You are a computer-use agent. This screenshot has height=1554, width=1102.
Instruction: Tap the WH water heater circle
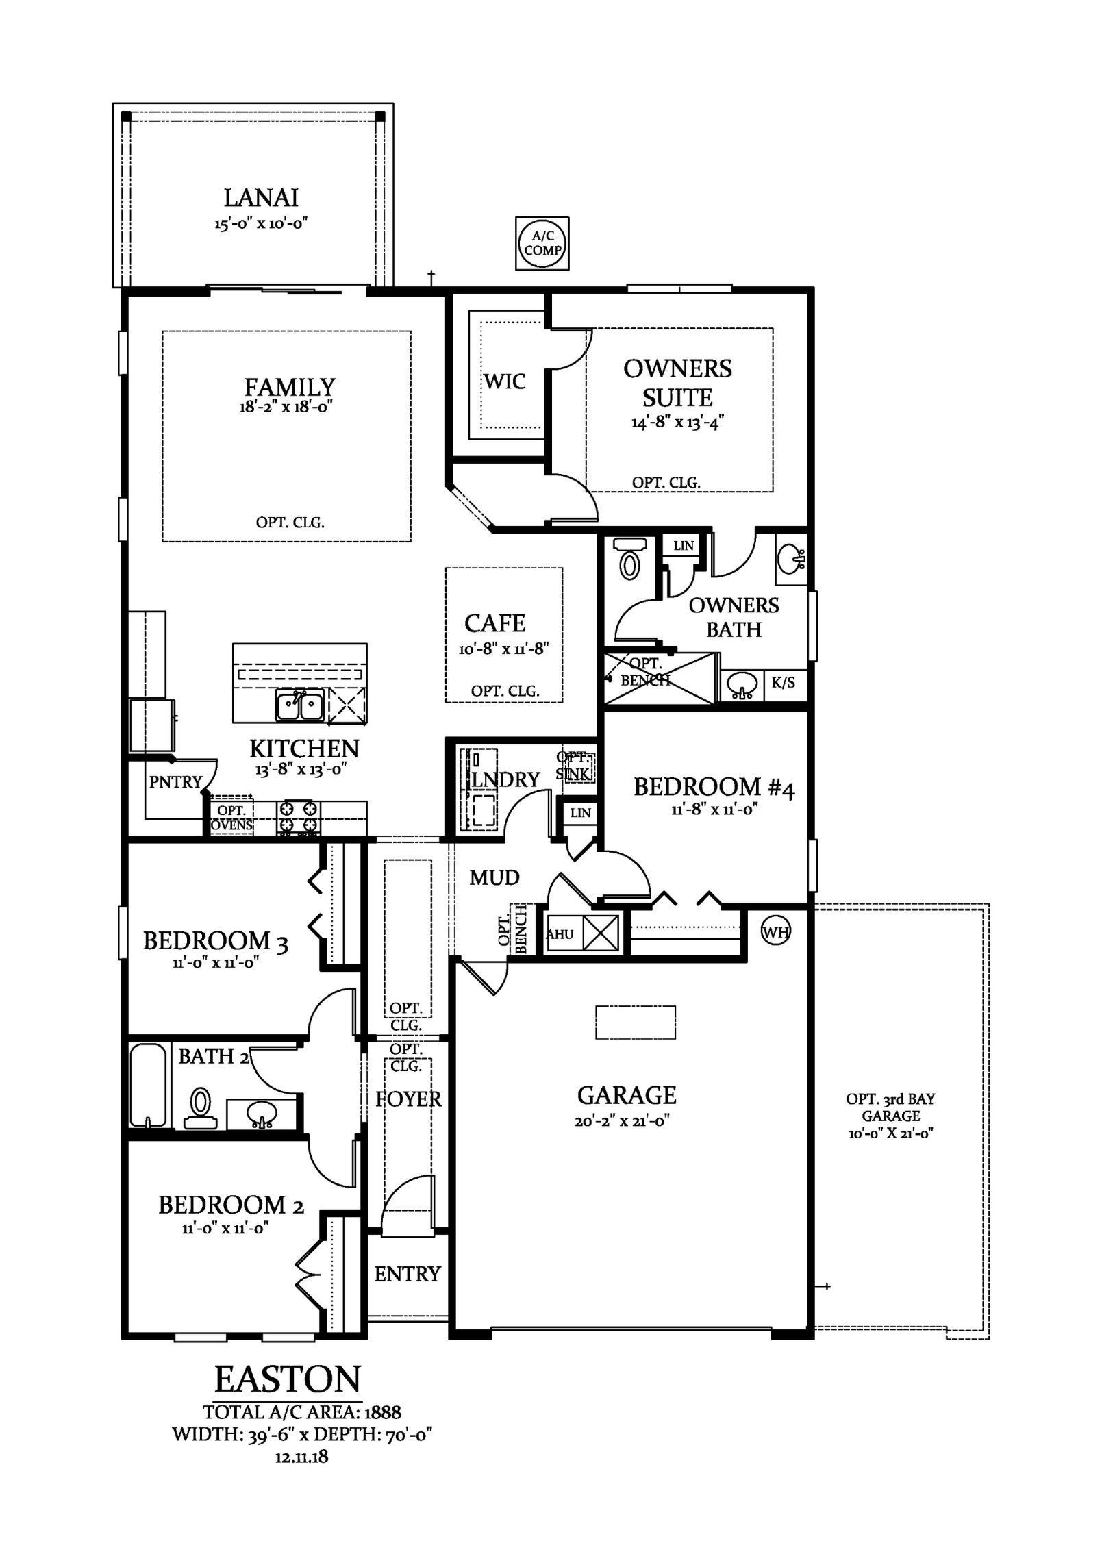pyautogui.click(x=775, y=931)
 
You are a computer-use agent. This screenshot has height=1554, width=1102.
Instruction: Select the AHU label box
pyautogui.click(x=560, y=933)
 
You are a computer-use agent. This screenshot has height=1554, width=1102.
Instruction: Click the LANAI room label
pyautogui.click(x=261, y=197)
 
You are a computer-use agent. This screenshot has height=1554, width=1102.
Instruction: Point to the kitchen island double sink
pyautogui.click(x=300, y=705)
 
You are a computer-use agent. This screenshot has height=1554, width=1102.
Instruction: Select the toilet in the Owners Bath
pyautogui.click(x=629, y=557)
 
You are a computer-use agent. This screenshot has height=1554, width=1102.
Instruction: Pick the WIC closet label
pyautogui.click(x=505, y=381)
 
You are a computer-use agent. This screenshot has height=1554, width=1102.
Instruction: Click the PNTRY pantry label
pyautogui.click(x=175, y=781)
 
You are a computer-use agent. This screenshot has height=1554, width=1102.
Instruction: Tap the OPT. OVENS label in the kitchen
pyautogui.click(x=231, y=818)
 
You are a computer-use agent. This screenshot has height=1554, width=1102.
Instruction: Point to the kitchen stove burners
pyautogui.click(x=298, y=817)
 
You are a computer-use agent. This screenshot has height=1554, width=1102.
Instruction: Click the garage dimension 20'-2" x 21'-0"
pyautogui.click(x=627, y=1122)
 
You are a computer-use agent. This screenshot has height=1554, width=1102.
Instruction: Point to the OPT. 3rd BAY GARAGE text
pyautogui.click(x=890, y=1116)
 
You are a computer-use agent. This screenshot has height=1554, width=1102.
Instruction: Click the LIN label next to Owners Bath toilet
pyautogui.click(x=684, y=546)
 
